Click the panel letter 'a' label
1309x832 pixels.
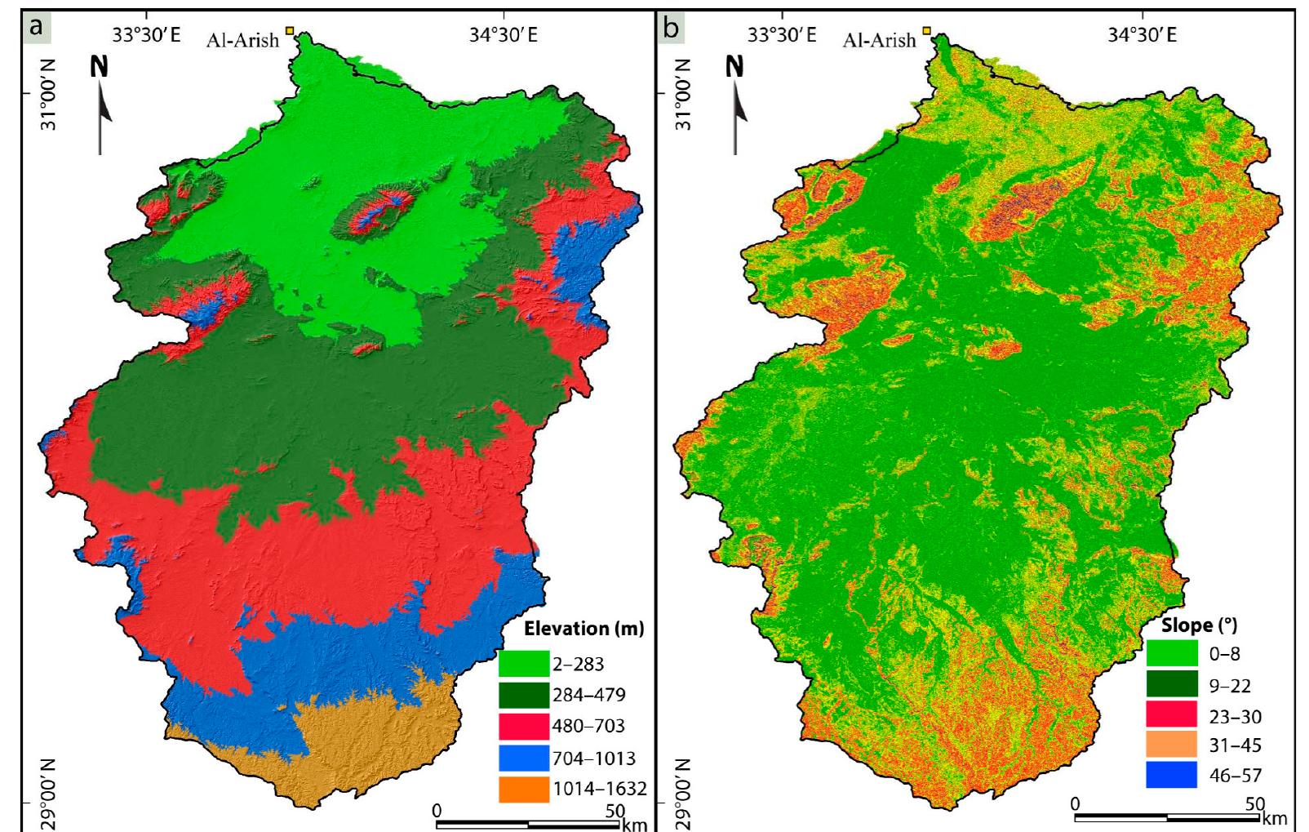[x=35, y=28]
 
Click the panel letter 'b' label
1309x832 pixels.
[x=671, y=28]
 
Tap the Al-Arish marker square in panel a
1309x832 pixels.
[x=289, y=31]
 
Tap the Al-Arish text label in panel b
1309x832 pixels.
[x=879, y=39]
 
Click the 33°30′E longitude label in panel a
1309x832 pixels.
[x=147, y=35]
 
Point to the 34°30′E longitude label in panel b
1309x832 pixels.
[x=1143, y=35]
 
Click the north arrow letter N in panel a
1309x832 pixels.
[x=99, y=67]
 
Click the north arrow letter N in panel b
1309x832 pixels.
[x=735, y=67]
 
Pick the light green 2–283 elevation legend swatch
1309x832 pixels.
[x=523, y=664]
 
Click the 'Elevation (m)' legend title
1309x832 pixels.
[x=584, y=629]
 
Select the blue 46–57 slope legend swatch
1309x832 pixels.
[x=1172, y=775]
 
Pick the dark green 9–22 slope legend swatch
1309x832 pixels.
[x=1172, y=686]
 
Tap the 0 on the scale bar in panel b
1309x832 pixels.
[x=1075, y=803]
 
